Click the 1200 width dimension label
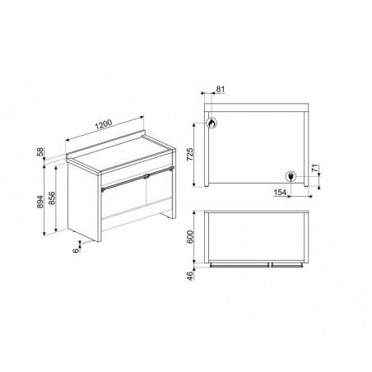click(104, 124)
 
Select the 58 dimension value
click(40, 151)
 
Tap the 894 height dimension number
click(40, 202)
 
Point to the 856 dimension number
click(52, 198)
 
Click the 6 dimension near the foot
click(76, 250)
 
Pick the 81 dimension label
click(221, 90)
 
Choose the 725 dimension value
click(190, 155)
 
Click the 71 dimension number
click(315, 168)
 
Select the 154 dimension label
click(280, 193)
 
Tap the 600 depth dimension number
click(190, 237)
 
